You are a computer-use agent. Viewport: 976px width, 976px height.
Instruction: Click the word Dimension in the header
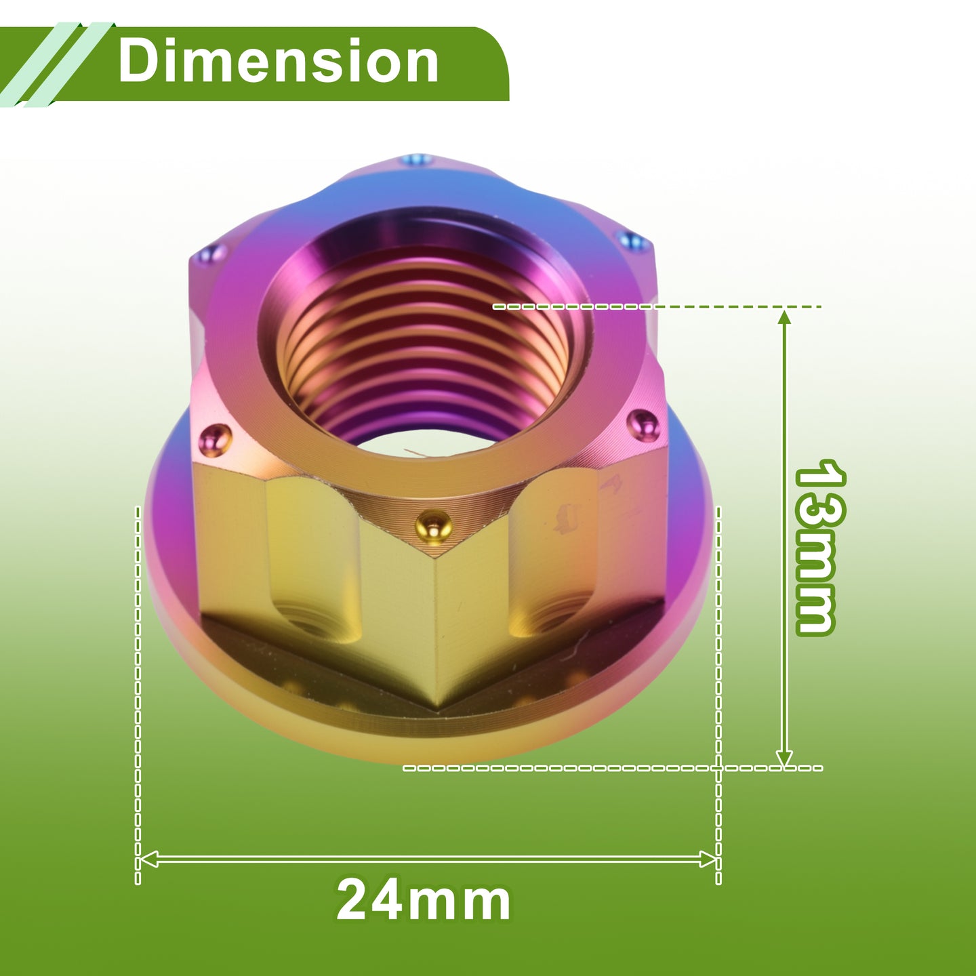click(x=278, y=61)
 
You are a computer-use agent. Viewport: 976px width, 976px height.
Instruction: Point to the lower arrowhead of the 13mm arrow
click(x=784, y=756)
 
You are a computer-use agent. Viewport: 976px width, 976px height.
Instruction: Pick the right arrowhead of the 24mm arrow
click(x=708, y=859)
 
